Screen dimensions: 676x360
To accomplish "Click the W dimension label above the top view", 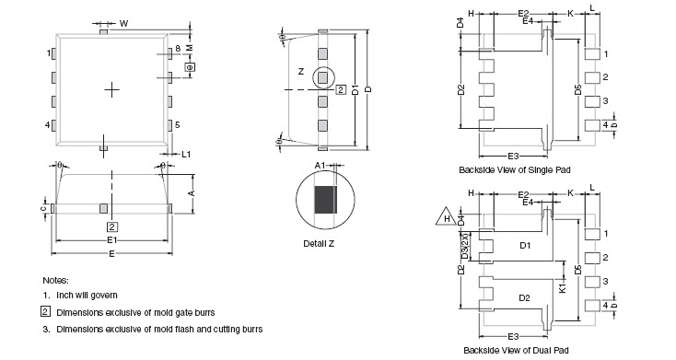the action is coord(123,24).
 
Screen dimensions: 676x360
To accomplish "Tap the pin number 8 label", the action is coord(178,49).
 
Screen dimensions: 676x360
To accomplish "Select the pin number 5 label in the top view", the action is coord(177,125).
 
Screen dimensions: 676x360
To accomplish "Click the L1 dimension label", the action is coord(186,154).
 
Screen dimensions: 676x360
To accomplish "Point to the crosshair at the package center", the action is coord(111,89).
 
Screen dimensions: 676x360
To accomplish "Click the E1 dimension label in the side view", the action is coord(112,240).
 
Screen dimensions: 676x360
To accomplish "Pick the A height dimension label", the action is coord(192,193).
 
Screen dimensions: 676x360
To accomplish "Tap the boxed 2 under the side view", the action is coord(112,226).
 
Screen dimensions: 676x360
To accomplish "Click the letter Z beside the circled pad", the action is coord(301,72).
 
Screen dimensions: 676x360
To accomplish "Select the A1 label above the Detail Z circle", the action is coord(320,166).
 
